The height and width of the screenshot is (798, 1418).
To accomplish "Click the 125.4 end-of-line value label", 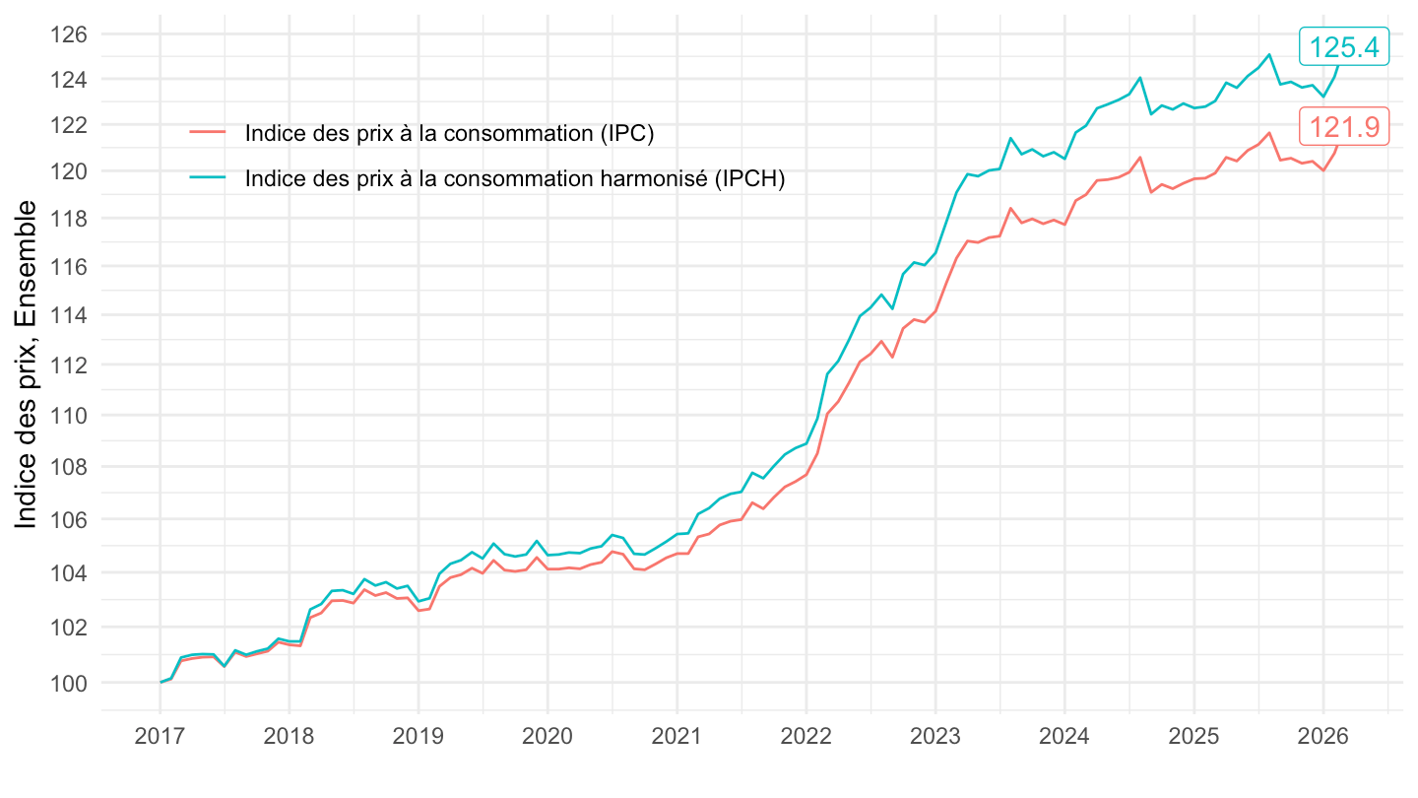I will (x=1343, y=46).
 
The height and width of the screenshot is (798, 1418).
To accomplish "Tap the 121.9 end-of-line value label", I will (x=1343, y=126).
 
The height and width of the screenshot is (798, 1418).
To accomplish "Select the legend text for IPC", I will (x=450, y=133).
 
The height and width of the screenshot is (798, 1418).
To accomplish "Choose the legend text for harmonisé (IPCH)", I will (x=515, y=178).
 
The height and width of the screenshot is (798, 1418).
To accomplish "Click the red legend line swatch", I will (x=208, y=133).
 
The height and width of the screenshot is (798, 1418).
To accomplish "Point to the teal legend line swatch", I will (x=208, y=178).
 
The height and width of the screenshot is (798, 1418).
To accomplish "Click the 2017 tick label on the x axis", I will (x=160, y=737).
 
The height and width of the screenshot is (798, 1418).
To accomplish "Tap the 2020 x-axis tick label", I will (x=548, y=737).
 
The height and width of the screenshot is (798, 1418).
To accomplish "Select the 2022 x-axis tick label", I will (x=806, y=737).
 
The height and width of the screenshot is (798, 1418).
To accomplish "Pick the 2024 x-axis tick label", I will (x=1064, y=737).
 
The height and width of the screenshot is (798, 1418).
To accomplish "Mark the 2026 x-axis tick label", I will (x=1322, y=737).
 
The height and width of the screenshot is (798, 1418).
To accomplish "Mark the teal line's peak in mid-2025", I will (x=1269, y=54).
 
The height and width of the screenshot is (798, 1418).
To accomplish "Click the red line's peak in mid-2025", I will (x=1269, y=132).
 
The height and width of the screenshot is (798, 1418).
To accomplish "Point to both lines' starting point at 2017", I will (x=161, y=682).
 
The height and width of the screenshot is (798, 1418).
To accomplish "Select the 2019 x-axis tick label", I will (x=419, y=737).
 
